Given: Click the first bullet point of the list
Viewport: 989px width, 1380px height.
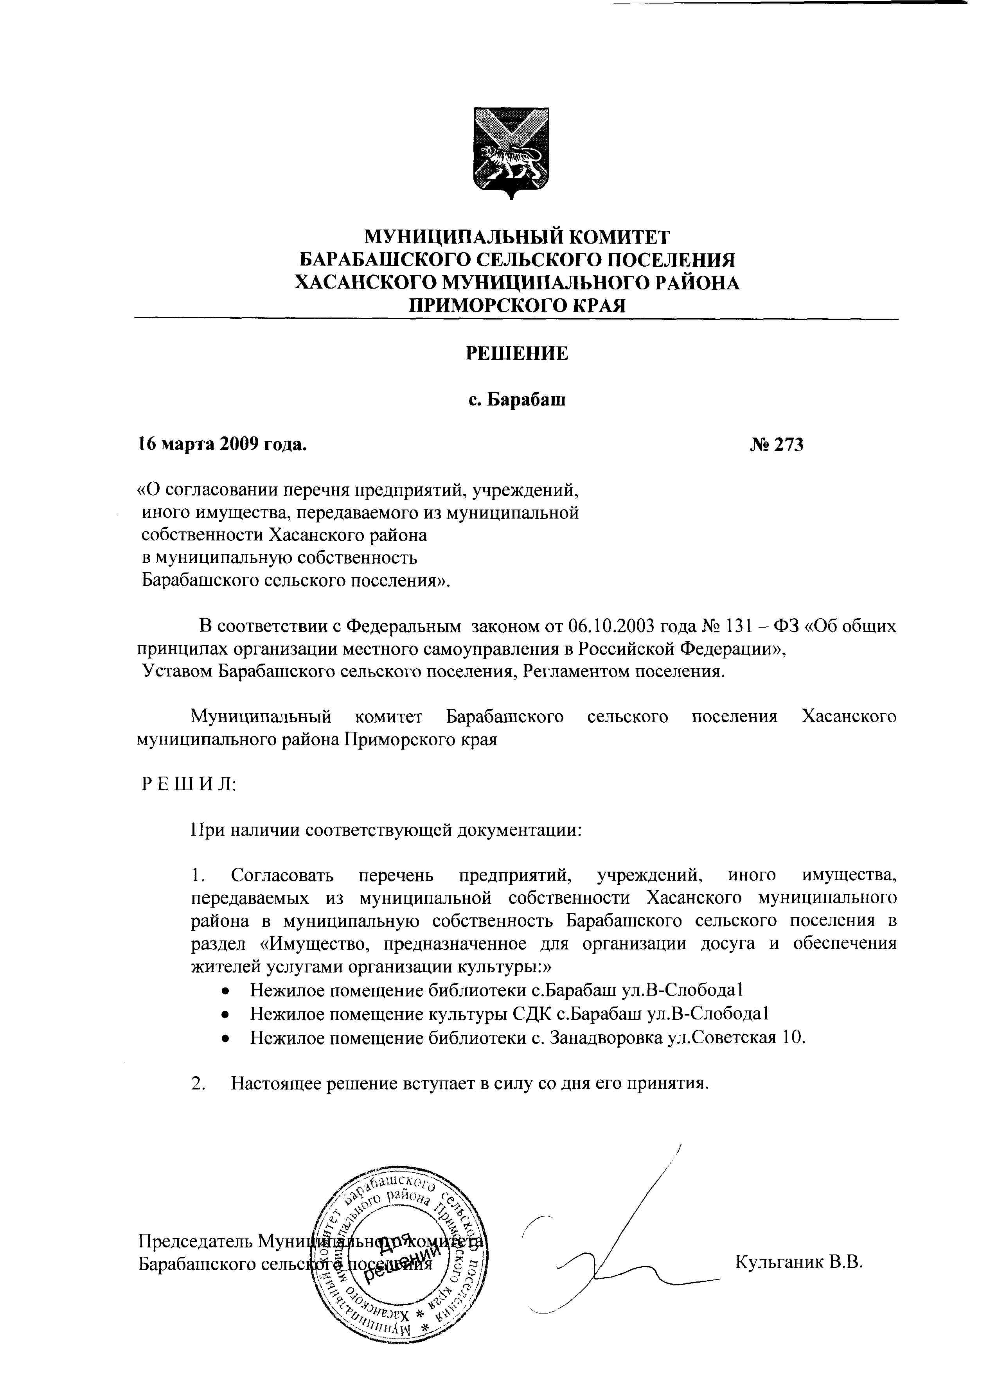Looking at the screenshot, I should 225,992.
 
